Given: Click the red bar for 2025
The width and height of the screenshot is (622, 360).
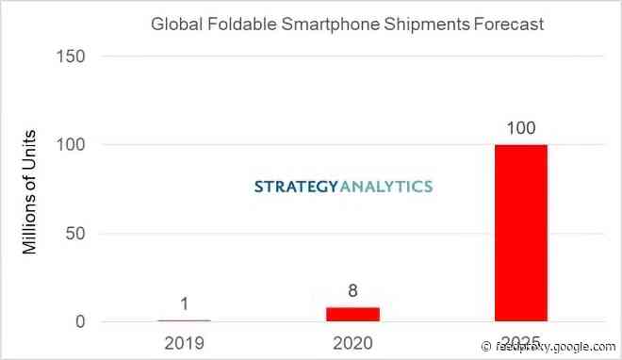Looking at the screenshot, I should pos(520,233).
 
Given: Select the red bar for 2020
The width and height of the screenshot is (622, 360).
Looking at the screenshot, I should pos(352,314).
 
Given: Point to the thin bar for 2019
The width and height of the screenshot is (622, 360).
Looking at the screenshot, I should pos(184,320).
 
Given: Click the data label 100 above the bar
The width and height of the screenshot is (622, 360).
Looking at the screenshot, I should pos(520,127).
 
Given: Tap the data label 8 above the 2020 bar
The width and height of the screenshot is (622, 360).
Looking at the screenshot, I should pos(352,291).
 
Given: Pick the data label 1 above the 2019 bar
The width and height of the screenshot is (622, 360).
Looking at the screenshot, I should pos(184,304).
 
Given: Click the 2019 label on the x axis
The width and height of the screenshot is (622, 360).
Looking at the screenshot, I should pos(184,342).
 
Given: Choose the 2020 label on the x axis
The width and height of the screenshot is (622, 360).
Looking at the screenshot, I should pos(352,342).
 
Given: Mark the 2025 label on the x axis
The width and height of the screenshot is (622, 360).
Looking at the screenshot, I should pos(520,342).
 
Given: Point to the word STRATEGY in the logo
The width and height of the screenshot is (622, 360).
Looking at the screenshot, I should pos(295,187).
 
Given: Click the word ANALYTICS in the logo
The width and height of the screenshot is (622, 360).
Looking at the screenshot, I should pos(385,187).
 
